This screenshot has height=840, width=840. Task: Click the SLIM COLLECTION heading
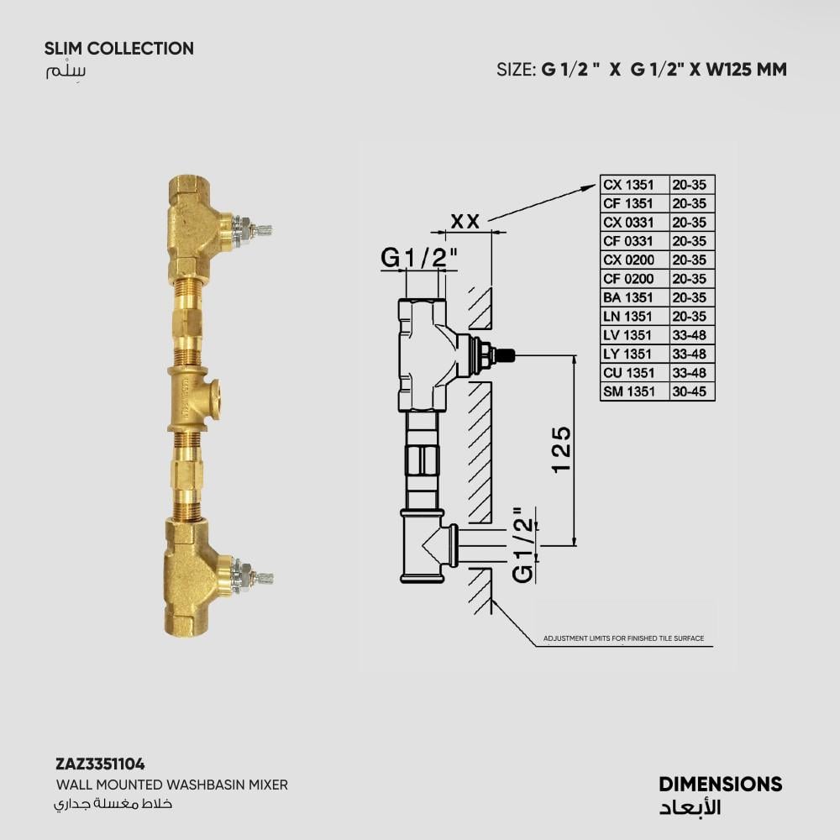click(x=119, y=48)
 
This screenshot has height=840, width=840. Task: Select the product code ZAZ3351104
click(x=100, y=764)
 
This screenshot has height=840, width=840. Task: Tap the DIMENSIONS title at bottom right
click(x=721, y=785)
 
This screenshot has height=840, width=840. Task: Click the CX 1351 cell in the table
click(x=629, y=185)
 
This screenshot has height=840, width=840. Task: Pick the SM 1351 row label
click(x=629, y=391)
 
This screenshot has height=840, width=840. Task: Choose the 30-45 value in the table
click(x=690, y=391)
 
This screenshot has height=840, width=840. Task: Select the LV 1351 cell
click(x=627, y=335)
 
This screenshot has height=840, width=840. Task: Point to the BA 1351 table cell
click(x=628, y=298)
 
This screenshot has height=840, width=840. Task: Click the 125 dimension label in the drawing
click(x=561, y=449)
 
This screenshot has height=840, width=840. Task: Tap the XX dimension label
click(x=465, y=221)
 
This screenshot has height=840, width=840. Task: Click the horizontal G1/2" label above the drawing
click(x=419, y=258)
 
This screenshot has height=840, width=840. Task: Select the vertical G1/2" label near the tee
click(x=523, y=545)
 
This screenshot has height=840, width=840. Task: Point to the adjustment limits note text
click(x=623, y=638)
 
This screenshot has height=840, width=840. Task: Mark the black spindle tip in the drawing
click(x=507, y=354)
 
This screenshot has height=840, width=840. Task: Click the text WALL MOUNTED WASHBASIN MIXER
click(x=172, y=785)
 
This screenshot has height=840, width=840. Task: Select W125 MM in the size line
click(x=746, y=70)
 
